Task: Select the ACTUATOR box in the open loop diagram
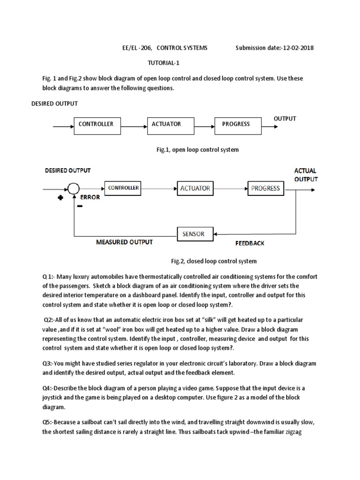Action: click(x=168, y=125)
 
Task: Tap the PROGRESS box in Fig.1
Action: click(x=236, y=125)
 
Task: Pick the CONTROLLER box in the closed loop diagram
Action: click(x=124, y=188)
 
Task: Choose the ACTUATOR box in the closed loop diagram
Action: click(x=195, y=188)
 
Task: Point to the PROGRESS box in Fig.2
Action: click(x=265, y=188)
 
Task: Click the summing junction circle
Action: click(x=72, y=189)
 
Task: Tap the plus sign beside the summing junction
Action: click(x=60, y=198)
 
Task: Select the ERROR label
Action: click(x=90, y=197)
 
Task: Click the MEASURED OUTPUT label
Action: click(x=124, y=242)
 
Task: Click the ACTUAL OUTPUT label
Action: click(x=306, y=175)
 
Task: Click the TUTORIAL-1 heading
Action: click(x=164, y=62)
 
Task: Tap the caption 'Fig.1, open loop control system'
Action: click(x=197, y=150)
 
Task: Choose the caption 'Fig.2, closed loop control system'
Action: click(x=213, y=261)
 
